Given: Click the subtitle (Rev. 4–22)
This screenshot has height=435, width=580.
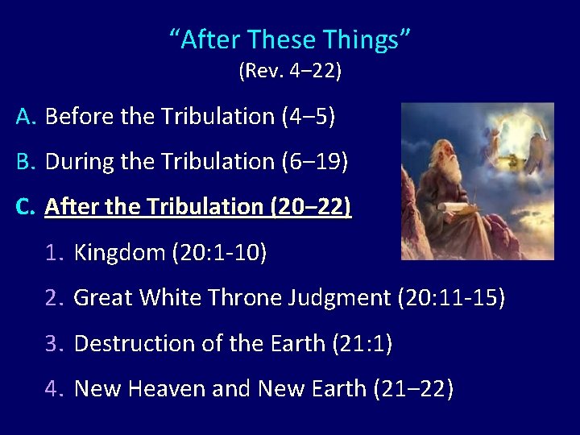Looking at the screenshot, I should click(x=290, y=72).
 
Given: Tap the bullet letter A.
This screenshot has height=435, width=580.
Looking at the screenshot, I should click(x=25, y=117).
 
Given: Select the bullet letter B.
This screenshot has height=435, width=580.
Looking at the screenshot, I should click(x=25, y=162).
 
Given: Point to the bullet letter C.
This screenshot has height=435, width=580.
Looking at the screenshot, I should click(x=25, y=207).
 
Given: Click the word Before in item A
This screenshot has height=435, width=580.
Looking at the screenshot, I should click(x=80, y=117).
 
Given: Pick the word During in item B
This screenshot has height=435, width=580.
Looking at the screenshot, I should click(x=81, y=162).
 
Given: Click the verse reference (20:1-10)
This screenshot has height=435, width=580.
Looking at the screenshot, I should click(x=219, y=254).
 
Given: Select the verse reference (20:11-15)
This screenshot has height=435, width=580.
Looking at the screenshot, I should click(x=452, y=299).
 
